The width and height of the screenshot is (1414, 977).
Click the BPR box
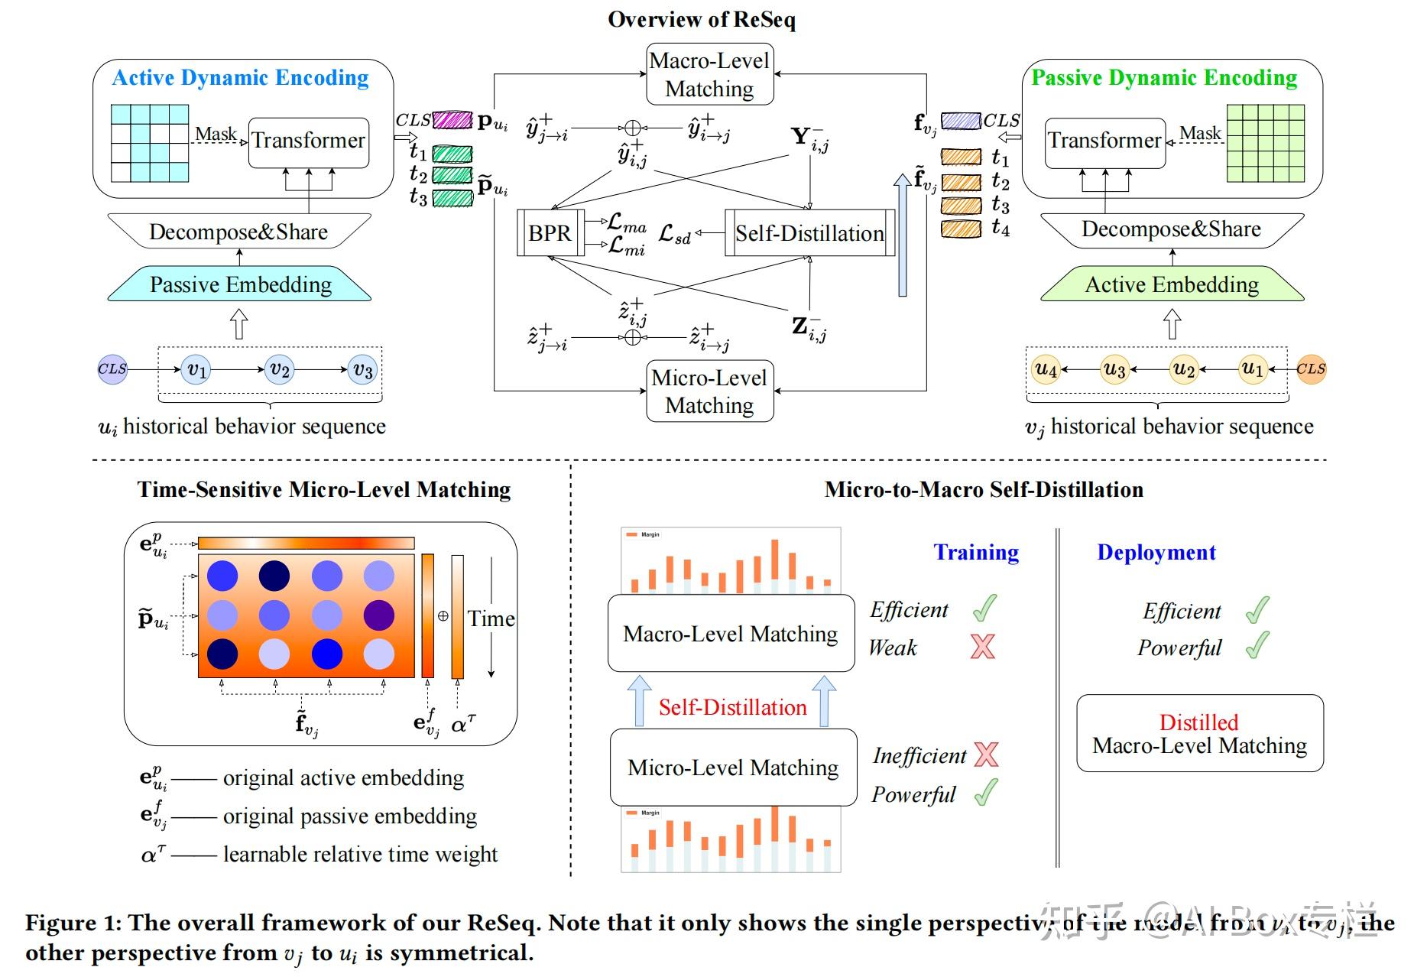[550, 233]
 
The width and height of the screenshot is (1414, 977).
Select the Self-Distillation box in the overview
[809, 233]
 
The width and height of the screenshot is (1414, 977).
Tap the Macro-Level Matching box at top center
[709, 74]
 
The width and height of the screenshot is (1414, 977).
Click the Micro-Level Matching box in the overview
[709, 391]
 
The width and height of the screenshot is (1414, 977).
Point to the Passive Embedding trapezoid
[240, 284]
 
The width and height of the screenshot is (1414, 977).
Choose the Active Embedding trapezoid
[1172, 284]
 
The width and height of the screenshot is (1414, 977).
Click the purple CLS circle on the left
[112, 369]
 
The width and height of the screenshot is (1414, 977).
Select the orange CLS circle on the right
[1311, 369]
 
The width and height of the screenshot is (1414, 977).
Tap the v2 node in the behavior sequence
[280, 370]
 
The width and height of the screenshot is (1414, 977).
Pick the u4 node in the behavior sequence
[1046, 370]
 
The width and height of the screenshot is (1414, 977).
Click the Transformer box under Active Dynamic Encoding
[309, 141]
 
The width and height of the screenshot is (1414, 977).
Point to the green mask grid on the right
[1265, 143]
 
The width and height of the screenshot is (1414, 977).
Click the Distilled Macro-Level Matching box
[1199, 733]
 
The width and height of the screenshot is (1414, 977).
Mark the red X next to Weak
[983, 647]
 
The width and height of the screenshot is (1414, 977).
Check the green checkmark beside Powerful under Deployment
[1257, 646]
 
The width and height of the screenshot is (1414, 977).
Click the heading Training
[976, 553]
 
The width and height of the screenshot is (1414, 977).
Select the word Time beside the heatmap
[491, 618]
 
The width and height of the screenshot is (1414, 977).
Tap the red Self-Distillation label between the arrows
[732, 707]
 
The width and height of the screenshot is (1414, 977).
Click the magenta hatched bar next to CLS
[452, 120]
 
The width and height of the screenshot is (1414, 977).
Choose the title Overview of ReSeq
[702, 19]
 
